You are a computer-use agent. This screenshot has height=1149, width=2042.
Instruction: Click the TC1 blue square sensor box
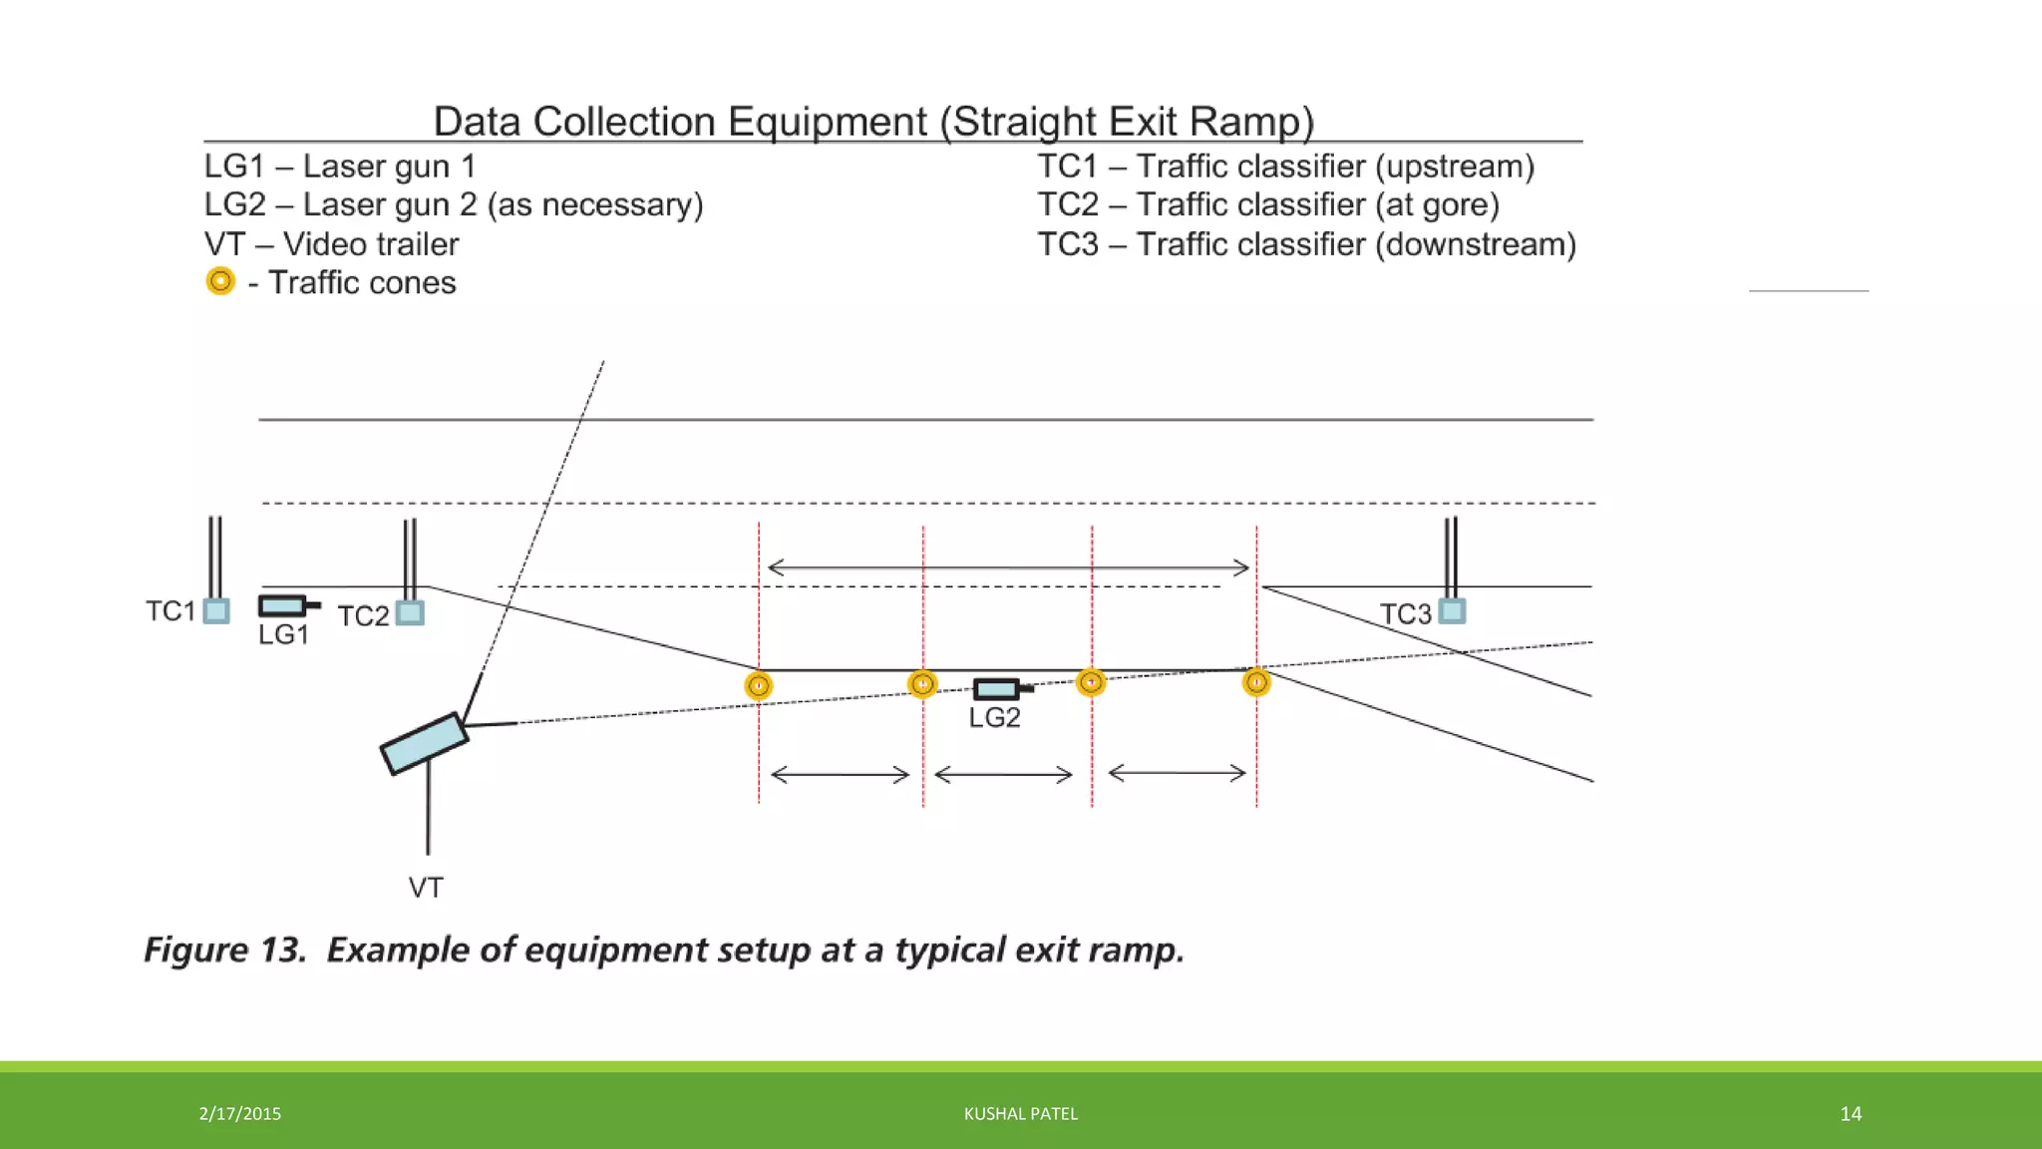pos(216,610)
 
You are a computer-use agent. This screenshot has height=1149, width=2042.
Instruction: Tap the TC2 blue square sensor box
pos(410,612)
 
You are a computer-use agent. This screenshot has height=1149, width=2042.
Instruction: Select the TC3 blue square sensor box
pos(1453,610)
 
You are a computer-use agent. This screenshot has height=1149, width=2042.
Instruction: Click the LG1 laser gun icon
pos(286,605)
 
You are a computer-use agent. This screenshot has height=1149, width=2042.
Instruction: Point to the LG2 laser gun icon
pos(1000,688)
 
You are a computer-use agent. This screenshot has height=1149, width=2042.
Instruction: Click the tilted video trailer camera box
pos(424,743)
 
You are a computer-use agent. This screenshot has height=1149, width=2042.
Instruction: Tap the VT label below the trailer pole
pos(426,887)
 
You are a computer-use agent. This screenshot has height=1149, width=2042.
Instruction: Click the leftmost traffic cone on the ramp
pos(759,686)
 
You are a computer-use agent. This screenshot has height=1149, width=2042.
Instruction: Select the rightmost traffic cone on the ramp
pos(1256,682)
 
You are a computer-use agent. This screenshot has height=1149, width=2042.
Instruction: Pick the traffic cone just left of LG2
pos(922,684)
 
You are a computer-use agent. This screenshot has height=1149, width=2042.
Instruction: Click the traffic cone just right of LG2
pos(1091,682)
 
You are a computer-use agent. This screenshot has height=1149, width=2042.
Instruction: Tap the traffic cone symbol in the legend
pos(220,281)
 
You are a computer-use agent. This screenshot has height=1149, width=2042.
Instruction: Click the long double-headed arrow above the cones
pos(1007,568)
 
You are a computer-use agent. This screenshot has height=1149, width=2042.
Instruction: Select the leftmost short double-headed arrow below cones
pos(840,774)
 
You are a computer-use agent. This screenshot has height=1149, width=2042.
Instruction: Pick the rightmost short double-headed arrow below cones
pos(1177,772)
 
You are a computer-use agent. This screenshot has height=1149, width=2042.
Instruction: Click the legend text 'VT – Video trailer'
pos(331,244)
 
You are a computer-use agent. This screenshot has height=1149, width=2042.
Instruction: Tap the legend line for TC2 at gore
pos(1267,204)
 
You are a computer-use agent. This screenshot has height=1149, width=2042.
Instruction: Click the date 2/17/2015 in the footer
pos(239,1113)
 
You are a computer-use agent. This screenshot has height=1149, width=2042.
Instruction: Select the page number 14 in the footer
pos(1851,1113)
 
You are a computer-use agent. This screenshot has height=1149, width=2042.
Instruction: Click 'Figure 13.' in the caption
pos(224,950)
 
